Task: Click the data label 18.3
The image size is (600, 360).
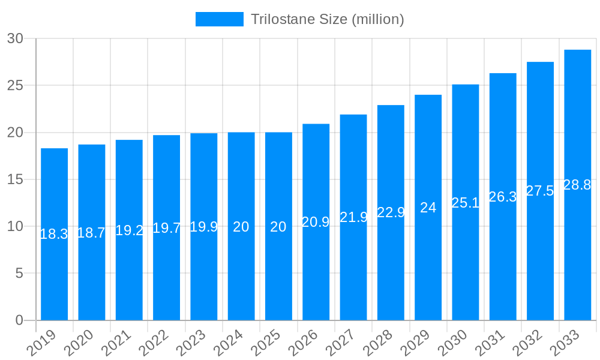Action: point(54,235)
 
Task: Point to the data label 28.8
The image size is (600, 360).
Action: point(577,185)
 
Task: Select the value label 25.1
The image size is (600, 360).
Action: point(465,203)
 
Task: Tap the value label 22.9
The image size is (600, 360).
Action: point(391,212)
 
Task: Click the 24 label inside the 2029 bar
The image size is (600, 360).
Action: point(428,208)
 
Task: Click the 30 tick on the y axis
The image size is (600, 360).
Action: point(15,38)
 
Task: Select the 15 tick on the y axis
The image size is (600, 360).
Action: point(15,179)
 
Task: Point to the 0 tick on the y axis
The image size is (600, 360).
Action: point(19,320)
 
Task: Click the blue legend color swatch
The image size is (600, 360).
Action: point(219,19)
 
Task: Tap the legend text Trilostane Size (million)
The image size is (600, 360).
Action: point(327,19)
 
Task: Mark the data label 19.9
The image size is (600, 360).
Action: point(203,227)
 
